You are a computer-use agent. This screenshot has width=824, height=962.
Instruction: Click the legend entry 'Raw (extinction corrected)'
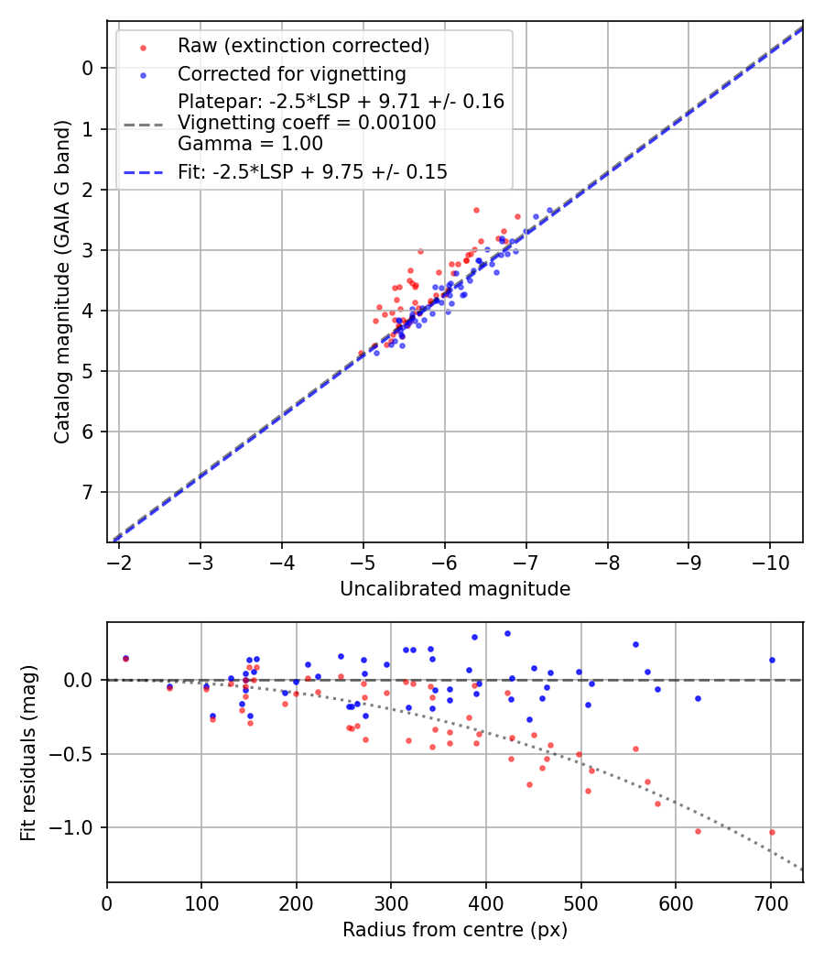point(303,46)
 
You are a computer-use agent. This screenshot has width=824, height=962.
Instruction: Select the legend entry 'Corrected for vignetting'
point(291,73)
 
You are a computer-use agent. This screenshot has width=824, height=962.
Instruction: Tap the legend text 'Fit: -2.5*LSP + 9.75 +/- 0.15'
point(312,171)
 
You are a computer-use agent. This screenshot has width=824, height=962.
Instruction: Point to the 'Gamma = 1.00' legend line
point(250,143)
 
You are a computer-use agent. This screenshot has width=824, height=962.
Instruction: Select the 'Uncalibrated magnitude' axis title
point(455,589)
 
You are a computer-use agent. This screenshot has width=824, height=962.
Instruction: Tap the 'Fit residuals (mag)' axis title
point(28,753)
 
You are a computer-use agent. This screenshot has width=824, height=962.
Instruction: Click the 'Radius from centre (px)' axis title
point(455,930)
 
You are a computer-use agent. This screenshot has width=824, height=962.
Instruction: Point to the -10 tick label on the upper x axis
point(769,561)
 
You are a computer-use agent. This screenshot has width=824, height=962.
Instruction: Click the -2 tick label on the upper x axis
point(120,561)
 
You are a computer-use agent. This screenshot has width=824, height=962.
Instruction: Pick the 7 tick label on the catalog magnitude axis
point(88,493)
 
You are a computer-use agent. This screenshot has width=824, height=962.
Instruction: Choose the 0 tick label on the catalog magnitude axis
point(88,68)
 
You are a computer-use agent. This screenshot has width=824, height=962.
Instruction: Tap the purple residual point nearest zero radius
point(125,658)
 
